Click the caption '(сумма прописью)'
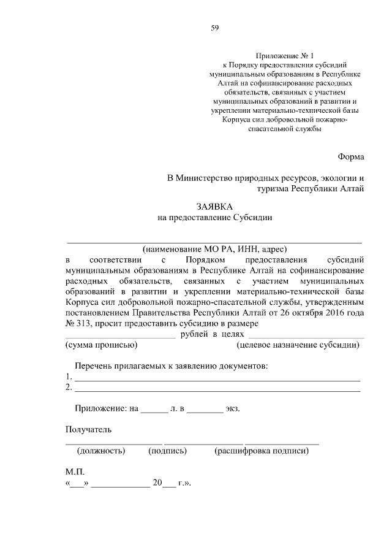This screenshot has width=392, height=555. coord(97,345)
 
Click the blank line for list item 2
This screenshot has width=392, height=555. coord(217,389)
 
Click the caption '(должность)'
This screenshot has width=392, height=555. coord(101,451)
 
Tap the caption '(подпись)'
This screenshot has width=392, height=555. coord(167,451)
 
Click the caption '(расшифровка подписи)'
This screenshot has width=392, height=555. coord(261,451)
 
